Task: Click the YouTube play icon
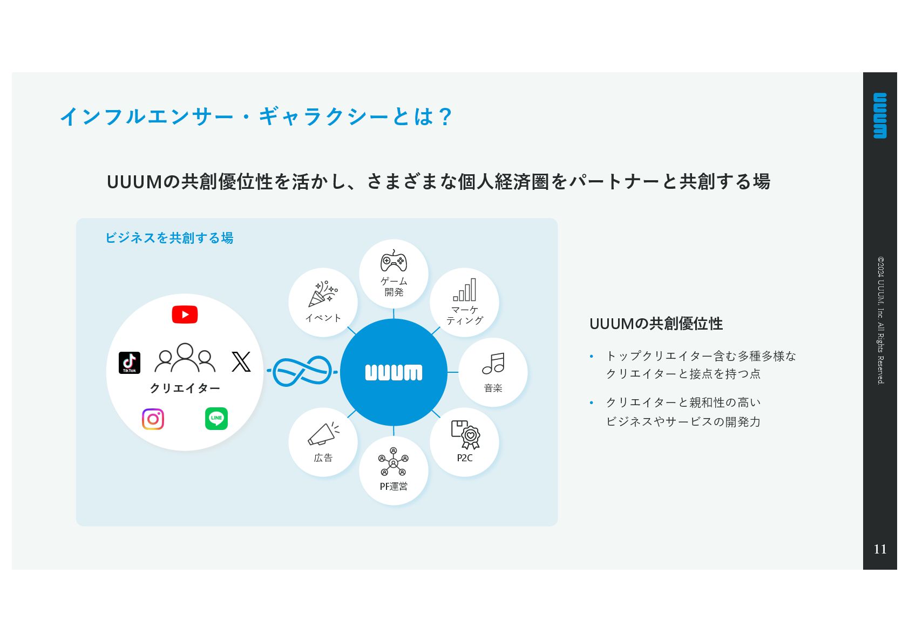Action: [x=185, y=315]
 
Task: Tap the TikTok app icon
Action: [x=130, y=363]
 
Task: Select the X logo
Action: [x=241, y=361]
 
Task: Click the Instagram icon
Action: [x=153, y=419]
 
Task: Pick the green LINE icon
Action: [x=216, y=419]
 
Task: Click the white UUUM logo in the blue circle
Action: [x=394, y=372]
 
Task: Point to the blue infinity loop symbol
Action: [x=302, y=371]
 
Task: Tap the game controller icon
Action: [x=394, y=262]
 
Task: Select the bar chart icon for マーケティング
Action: [x=465, y=290]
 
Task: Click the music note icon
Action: [x=493, y=364]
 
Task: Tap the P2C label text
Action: [x=465, y=458]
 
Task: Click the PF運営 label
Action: [x=394, y=487]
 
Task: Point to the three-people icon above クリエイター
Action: [x=185, y=358]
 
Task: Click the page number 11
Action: [x=880, y=549]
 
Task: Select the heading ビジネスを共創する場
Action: [x=169, y=238]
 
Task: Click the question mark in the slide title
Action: [x=445, y=117]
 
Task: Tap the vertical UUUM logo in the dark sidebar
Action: [x=880, y=115]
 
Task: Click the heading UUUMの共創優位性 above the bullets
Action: [x=656, y=324]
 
